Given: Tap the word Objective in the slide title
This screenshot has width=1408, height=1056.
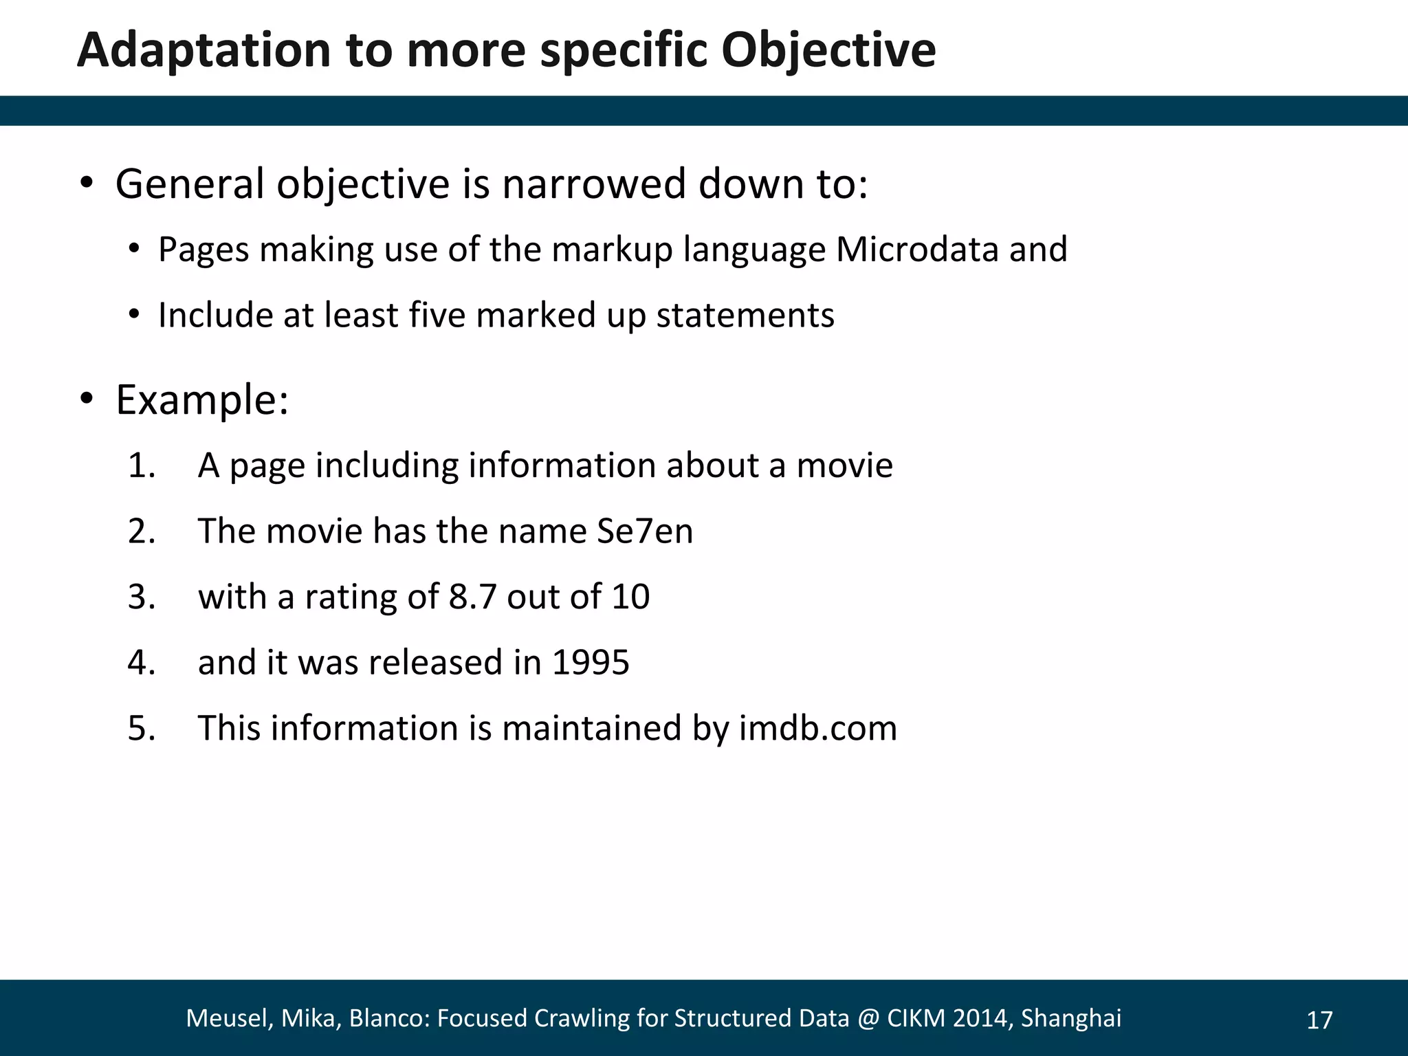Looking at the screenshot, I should pyautogui.click(x=828, y=51).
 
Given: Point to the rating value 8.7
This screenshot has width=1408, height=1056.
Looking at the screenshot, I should pyautogui.click(x=472, y=596).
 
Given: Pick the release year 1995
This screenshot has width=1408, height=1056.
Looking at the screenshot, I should pyautogui.click(x=591, y=662).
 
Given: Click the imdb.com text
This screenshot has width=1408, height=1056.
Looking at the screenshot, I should pyautogui.click(x=818, y=727).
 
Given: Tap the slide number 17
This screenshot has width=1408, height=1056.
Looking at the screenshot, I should pyautogui.click(x=1319, y=1020).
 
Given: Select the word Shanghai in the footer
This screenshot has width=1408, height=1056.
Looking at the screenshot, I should pyautogui.click(x=1070, y=1018).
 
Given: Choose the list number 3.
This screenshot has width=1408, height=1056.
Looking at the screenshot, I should pyautogui.click(x=141, y=596).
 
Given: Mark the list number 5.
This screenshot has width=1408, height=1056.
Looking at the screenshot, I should pyautogui.click(x=141, y=727).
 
